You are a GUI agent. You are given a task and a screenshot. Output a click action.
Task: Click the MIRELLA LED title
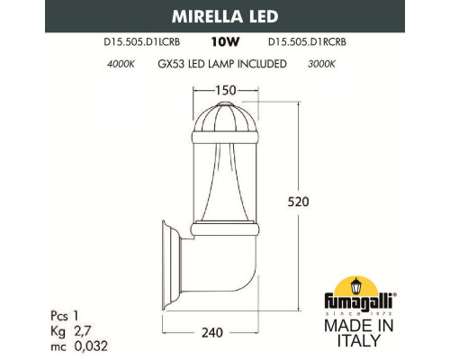[224, 15]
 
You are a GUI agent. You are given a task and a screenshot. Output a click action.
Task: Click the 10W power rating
[223, 41]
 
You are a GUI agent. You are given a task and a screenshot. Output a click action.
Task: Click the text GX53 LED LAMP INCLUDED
[221, 64]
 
